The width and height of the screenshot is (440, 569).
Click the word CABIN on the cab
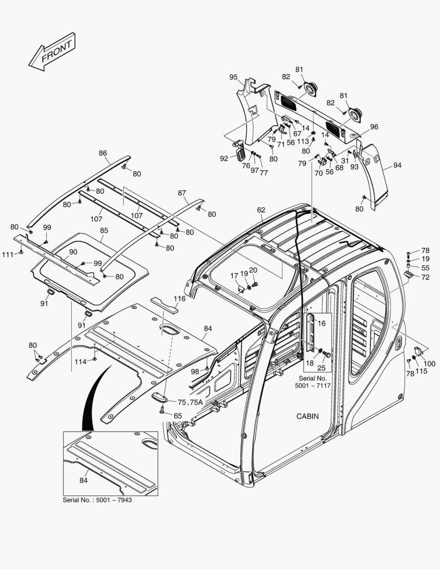coord(307,416)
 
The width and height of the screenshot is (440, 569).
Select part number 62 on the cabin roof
coord(261,210)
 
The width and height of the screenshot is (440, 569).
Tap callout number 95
coord(233,77)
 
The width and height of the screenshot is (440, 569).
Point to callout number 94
coord(397,165)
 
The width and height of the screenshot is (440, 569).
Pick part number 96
coord(374,127)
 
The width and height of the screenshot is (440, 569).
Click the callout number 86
coord(103,153)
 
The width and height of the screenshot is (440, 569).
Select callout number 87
coord(182,193)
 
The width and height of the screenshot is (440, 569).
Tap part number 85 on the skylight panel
coord(104,230)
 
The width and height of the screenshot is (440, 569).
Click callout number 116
coord(180,299)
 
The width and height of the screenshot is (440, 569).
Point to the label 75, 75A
coord(190,402)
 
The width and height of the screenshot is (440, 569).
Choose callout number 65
coord(178,416)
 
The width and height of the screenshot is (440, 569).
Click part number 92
coord(224,158)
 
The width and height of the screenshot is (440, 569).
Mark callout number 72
coord(425,277)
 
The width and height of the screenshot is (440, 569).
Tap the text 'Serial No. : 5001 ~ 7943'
coord(97,499)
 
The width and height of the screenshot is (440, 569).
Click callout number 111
coord(7,254)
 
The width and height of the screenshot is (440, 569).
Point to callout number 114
coord(80,361)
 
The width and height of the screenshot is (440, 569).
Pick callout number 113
coord(302,141)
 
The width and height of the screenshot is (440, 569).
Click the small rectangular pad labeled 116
coord(164,305)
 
